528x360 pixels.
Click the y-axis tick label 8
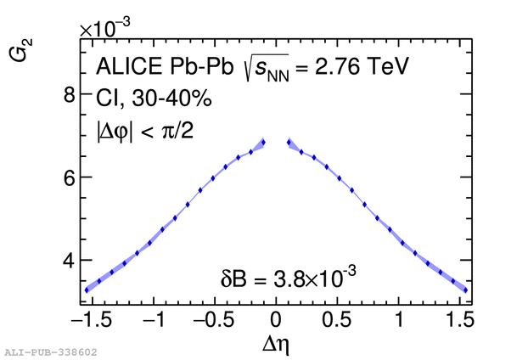(70, 94)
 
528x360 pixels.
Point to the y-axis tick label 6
(70, 177)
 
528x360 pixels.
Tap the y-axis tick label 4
(70, 261)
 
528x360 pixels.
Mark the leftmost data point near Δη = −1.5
(87, 290)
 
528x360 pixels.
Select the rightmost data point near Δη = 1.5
(465, 290)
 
